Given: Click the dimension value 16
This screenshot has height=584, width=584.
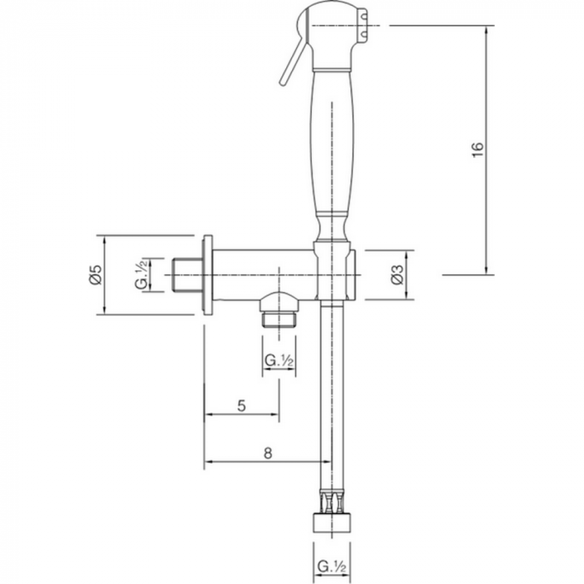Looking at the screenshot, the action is (x=478, y=149).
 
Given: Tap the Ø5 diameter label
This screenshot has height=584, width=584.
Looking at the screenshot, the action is (x=96, y=274).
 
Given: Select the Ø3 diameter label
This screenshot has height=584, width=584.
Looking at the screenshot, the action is (x=397, y=274).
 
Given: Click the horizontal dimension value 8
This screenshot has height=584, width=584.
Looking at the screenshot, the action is (x=268, y=453).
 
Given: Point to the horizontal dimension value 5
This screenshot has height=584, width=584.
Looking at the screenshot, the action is (x=242, y=405).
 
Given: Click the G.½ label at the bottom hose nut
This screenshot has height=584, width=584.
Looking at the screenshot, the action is (x=332, y=567).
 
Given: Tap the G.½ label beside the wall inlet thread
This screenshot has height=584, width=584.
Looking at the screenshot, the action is (x=142, y=274).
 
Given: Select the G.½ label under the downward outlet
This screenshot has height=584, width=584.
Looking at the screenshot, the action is (x=279, y=360).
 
